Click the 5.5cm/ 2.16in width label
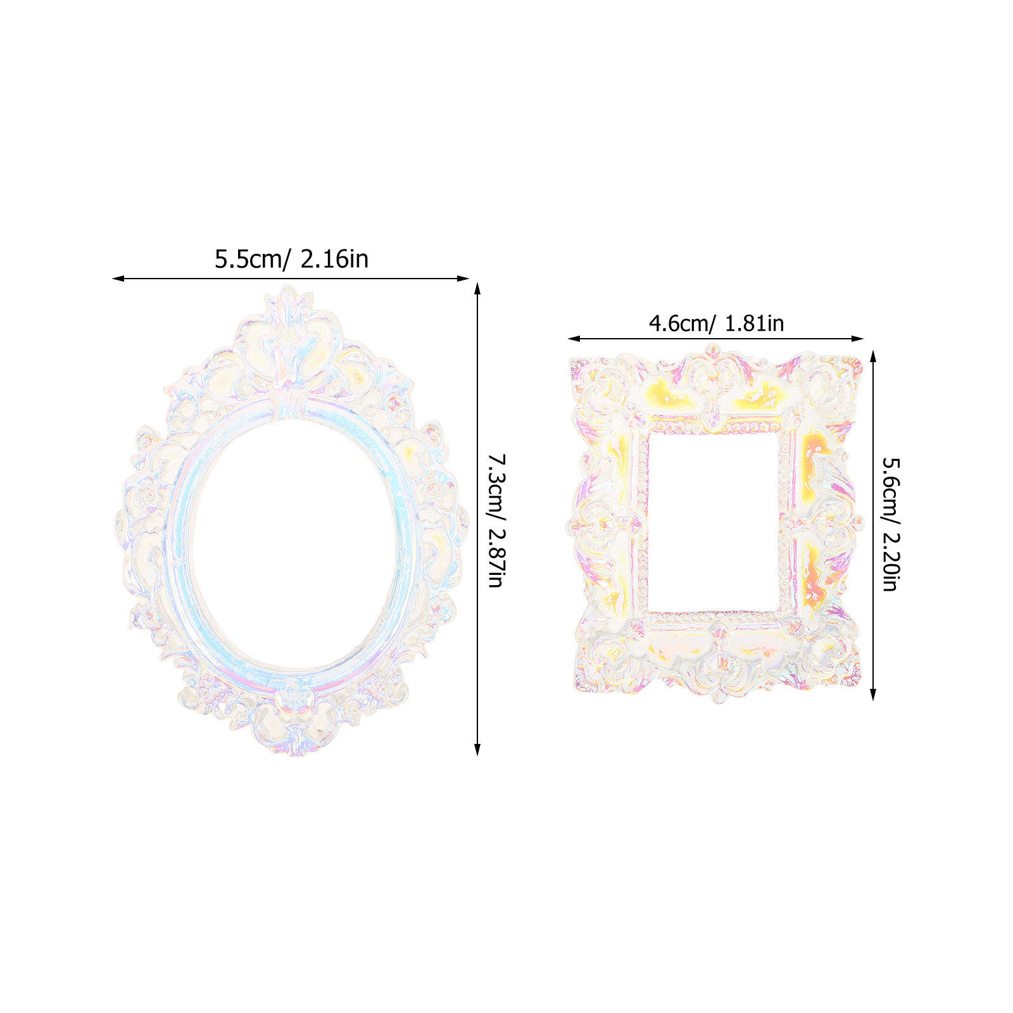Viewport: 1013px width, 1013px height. (x=291, y=259)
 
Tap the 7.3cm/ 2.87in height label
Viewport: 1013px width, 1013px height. (x=496, y=520)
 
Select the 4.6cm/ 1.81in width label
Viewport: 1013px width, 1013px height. (x=716, y=324)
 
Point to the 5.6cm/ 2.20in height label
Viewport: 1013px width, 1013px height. (x=890, y=524)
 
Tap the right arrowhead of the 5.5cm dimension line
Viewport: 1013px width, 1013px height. (x=463, y=278)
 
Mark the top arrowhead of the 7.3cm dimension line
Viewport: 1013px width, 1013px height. (x=477, y=289)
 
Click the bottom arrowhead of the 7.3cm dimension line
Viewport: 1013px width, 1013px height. (x=477, y=749)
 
